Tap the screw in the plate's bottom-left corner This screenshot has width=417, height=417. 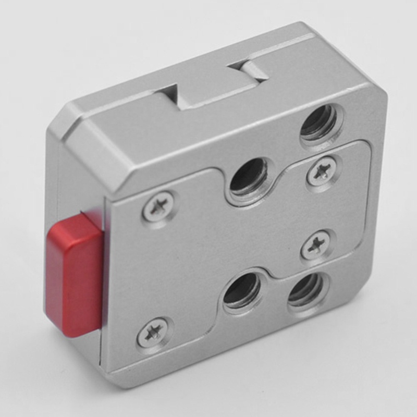(153, 332)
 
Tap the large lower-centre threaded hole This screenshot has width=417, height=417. (242, 292)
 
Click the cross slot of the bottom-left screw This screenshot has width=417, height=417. (153, 332)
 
